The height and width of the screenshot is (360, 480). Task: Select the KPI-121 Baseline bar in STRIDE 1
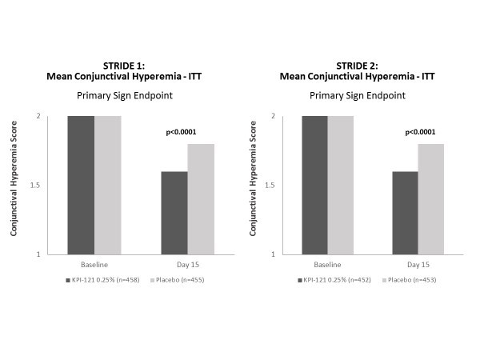tap(81, 185)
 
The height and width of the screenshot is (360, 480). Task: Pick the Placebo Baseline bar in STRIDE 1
tap(107, 185)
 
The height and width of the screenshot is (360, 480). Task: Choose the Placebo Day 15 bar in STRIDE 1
tap(200, 199)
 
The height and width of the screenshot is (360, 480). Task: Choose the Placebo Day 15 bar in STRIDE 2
tap(430, 199)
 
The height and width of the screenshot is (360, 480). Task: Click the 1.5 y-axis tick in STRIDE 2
tap(284, 186)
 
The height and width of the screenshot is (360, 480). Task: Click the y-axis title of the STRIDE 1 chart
tap(14, 185)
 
